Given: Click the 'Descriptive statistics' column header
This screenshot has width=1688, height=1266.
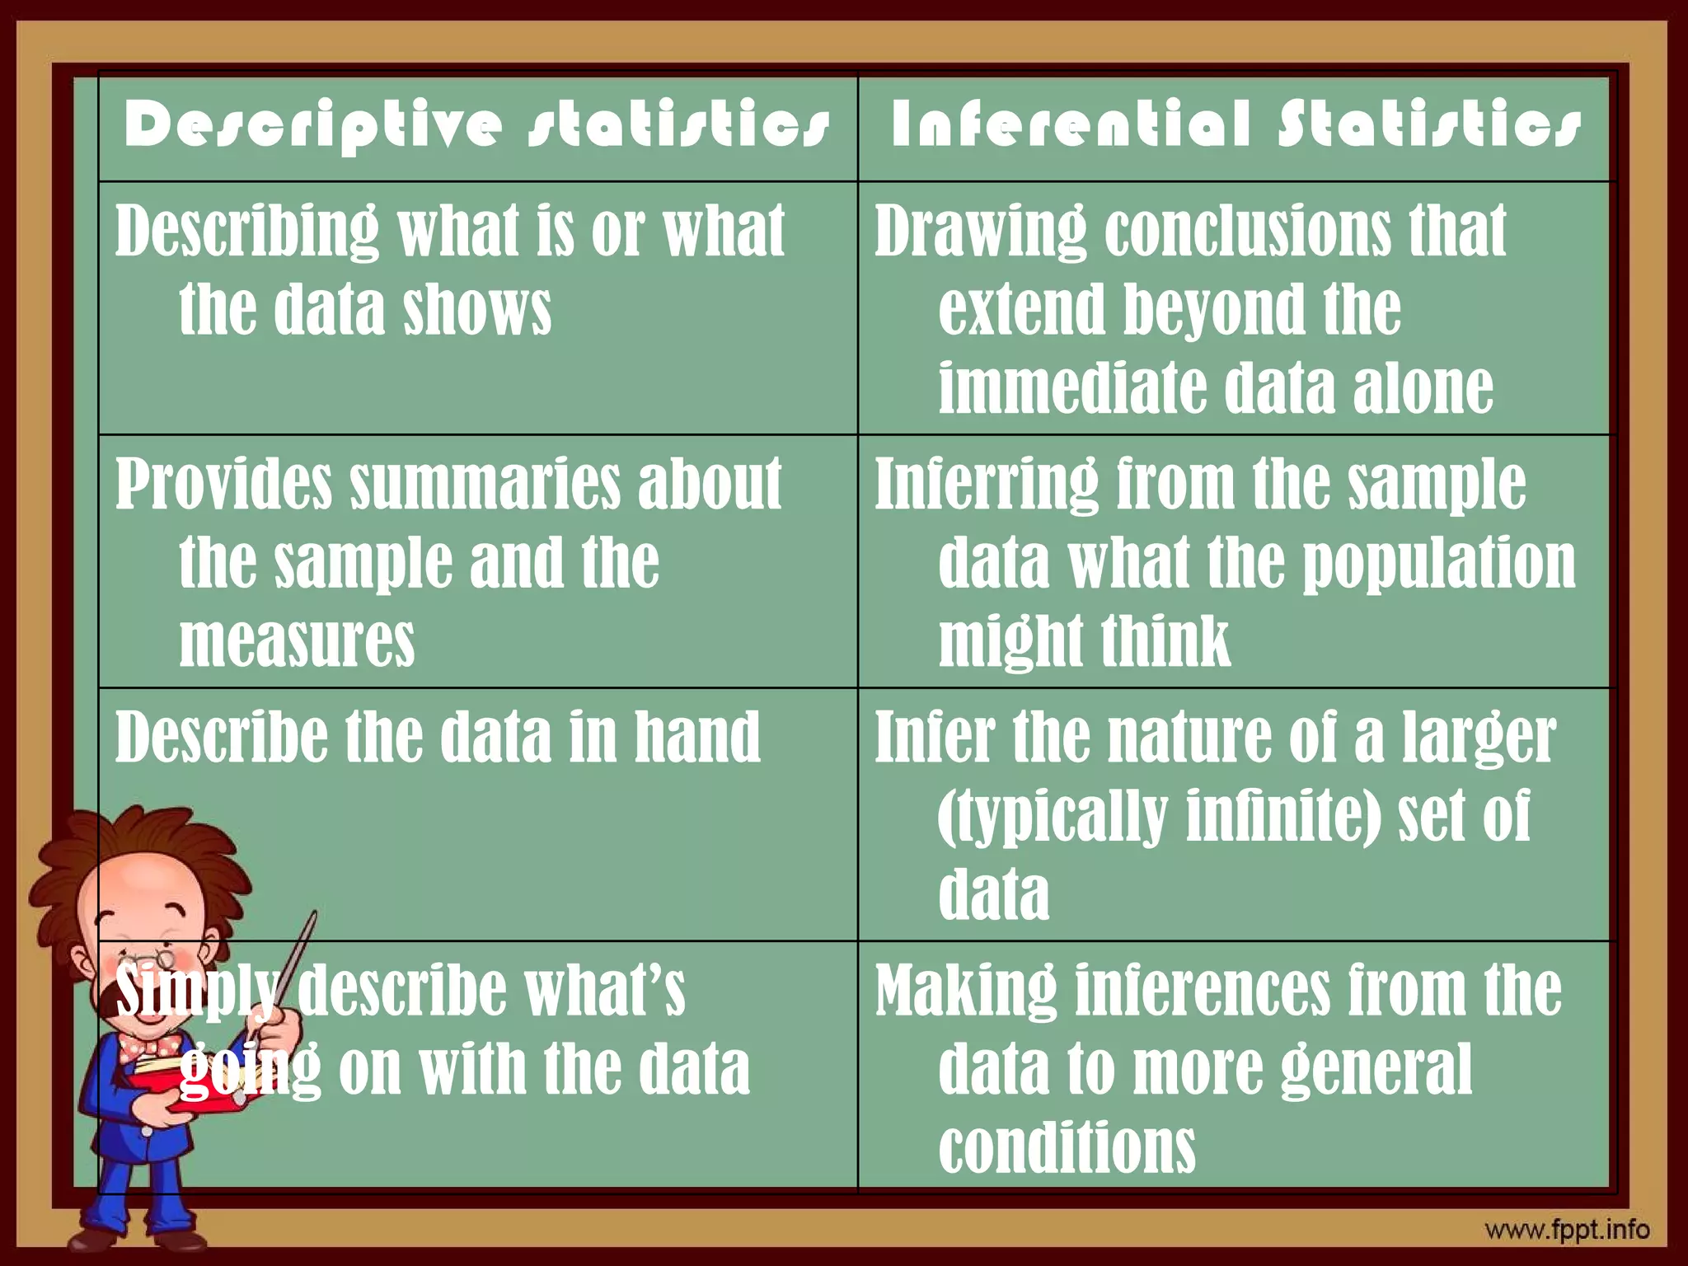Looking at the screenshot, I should pos(476,125).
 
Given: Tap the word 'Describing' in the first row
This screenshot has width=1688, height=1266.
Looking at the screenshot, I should pos(246,232).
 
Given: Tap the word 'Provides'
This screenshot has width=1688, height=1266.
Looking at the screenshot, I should pos(223,484).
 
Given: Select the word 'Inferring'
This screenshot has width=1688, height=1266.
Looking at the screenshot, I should pos(986,484).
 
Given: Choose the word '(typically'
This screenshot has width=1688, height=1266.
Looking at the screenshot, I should pos(1053,815).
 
